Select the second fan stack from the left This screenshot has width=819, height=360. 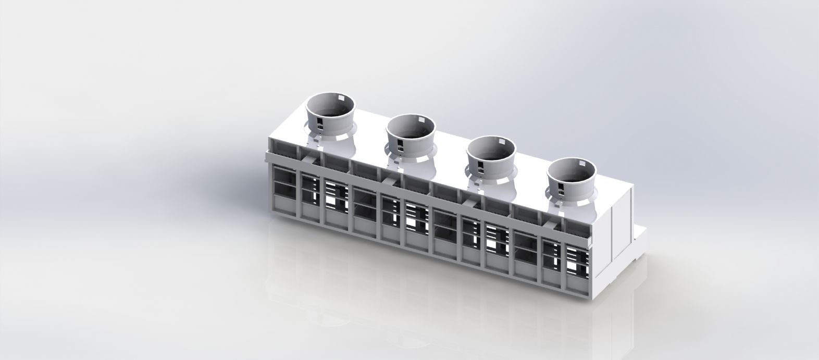point(411,132)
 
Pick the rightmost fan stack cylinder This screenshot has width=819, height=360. point(572,176)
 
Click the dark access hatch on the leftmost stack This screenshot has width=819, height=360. point(318,123)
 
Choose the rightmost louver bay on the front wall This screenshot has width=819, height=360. point(577,266)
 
